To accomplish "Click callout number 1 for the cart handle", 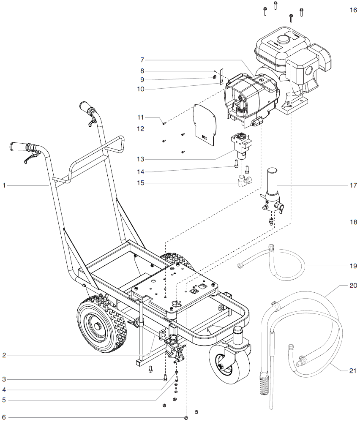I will point(4,185).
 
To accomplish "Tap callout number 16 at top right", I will point(353,10).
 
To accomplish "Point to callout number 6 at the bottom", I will point(4,417).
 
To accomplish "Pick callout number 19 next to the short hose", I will point(353,266).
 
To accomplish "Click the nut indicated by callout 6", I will point(186,417).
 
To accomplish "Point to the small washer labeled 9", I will point(215,79).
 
